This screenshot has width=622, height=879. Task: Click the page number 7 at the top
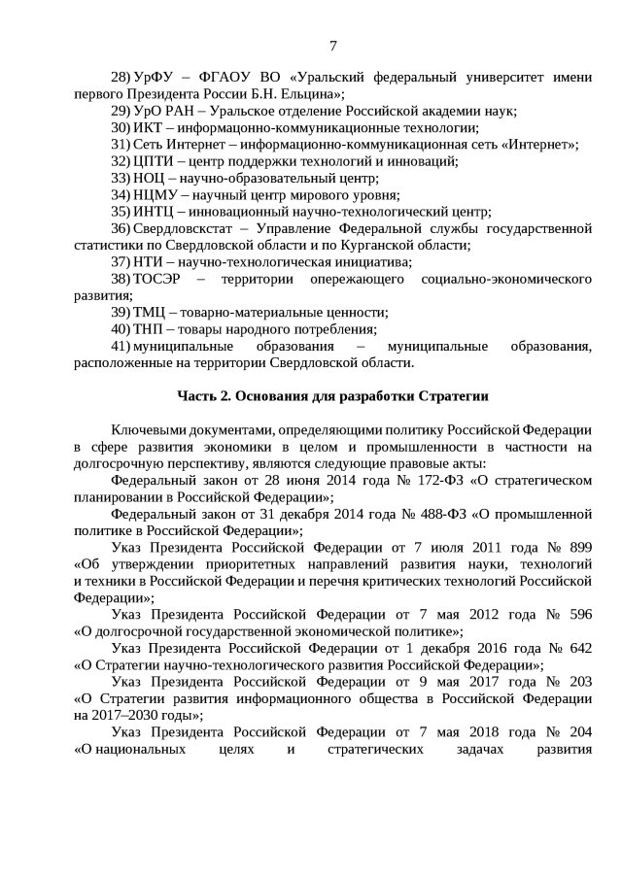tap(333, 46)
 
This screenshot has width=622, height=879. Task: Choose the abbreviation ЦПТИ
tap(154, 160)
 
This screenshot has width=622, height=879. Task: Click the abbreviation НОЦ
tap(150, 178)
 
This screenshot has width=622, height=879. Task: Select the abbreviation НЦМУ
tap(154, 194)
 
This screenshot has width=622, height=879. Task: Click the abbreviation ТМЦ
tap(150, 312)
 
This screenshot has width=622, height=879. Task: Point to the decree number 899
tap(579, 547)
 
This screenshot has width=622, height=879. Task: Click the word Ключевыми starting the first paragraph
tap(150, 429)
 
